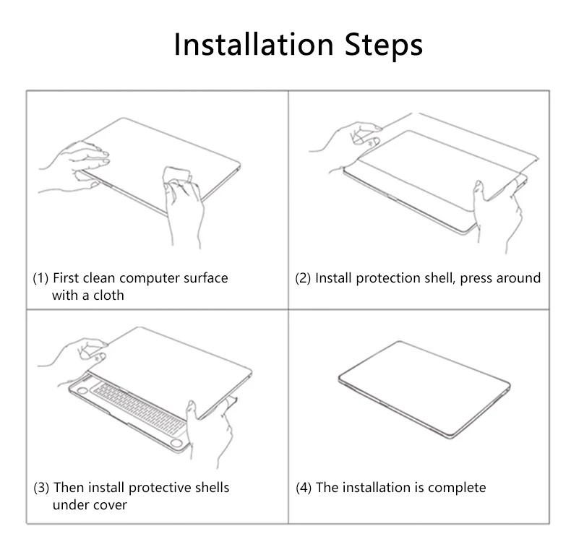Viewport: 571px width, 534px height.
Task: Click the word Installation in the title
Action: click(254, 44)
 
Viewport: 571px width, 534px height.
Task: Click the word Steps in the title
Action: click(384, 46)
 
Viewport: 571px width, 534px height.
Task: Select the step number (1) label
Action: click(40, 278)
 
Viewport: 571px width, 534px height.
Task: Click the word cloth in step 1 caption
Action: click(108, 296)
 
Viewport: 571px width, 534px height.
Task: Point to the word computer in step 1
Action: click(150, 279)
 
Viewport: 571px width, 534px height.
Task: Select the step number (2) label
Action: click(303, 278)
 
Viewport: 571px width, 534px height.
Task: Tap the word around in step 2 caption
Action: click(518, 278)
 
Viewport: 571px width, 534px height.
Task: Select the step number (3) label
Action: click(41, 488)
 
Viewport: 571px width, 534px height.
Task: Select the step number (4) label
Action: click(304, 488)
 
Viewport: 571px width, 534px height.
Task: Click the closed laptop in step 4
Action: click(424, 389)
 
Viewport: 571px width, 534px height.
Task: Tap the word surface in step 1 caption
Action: click(205, 278)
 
